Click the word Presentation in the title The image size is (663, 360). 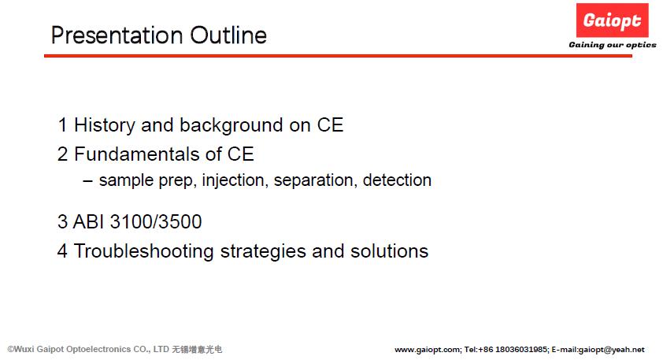click(x=117, y=35)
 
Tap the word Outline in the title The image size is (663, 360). click(x=228, y=35)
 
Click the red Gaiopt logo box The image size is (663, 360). click(x=612, y=20)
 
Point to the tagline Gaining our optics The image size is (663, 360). click(x=613, y=45)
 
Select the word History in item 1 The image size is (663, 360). click(x=105, y=125)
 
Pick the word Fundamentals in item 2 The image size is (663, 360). click(x=136, y=154)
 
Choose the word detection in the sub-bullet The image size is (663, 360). click(x=397, y=180)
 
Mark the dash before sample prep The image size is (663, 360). click(x=88, y=181)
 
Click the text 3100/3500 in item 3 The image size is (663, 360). click(x=156, y=221)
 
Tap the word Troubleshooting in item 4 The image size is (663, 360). click(x=144, y=251)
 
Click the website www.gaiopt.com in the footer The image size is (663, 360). click(x=428, y=350)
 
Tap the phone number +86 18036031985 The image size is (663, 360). click(x=513, y=350)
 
